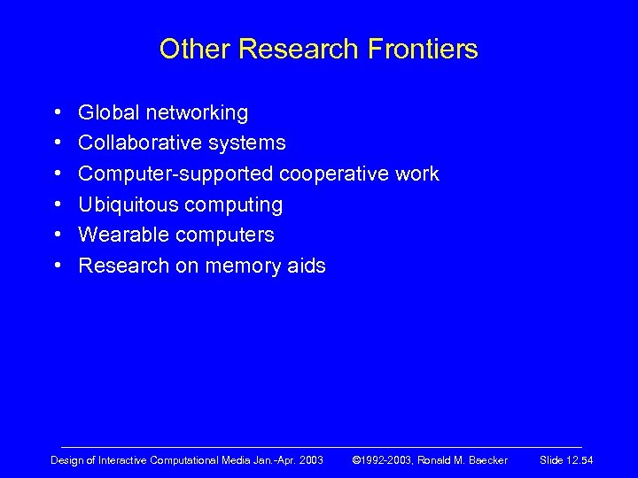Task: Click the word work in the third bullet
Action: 417,174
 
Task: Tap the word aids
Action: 307,266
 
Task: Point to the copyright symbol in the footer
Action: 357,460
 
